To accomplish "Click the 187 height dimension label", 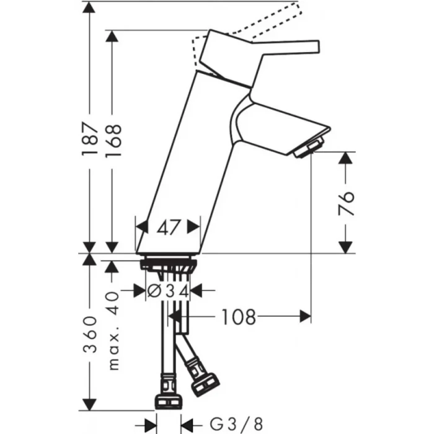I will pyautogui.click(x=90, y=138).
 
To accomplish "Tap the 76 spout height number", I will pyautogui.click(x=347, y=203).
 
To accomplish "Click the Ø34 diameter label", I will pyautogui.click(x=169, y=290).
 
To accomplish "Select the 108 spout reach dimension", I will pyautogui.click(x=238, y=317).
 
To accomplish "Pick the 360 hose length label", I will pyautogui.click(x=90, y=334).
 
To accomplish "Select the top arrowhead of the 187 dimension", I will pyautogui.click(x=90, y=7).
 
